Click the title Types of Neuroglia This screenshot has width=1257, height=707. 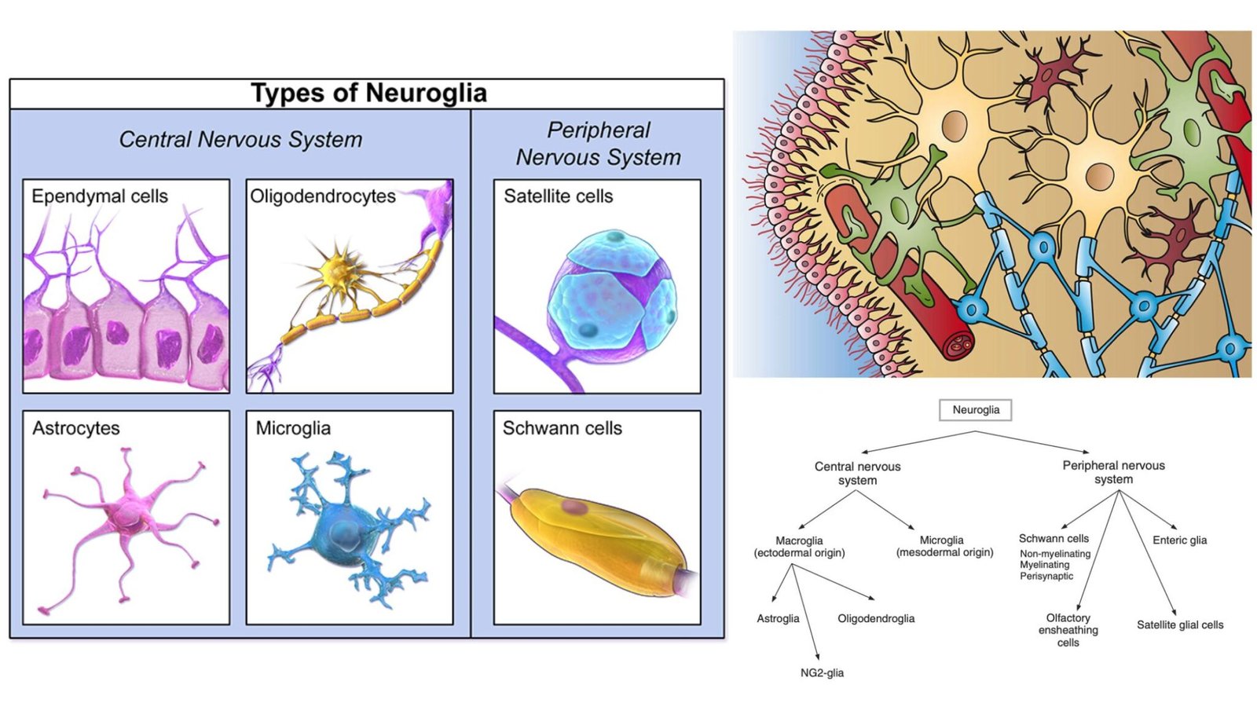coord(368,93)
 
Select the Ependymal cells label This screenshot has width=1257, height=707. coord(100,196)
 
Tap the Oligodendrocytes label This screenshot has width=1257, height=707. coord(323,196)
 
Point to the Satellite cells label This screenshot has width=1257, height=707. coord(558,196)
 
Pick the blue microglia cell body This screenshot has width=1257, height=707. coord(339,534)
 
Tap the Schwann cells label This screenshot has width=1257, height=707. coord(562,428)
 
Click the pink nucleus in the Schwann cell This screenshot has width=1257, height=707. coord(574,507)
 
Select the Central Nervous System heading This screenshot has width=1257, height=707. coord(240,140)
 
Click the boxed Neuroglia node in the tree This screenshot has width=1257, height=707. coord(976,410)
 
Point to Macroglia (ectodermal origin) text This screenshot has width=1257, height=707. coord(799,547)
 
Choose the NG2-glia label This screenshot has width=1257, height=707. coord(822,673)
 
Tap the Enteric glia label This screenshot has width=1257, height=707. coord(1179,540)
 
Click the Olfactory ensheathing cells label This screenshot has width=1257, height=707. coord(1068,630)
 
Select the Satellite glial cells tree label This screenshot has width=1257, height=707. coord(1180,625)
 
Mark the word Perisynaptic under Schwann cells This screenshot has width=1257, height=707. coord(1046,577)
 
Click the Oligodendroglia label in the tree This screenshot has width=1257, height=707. coord(876,619)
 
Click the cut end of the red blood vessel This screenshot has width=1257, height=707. coord(958,344)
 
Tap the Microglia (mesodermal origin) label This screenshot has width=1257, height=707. coord(944,547)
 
